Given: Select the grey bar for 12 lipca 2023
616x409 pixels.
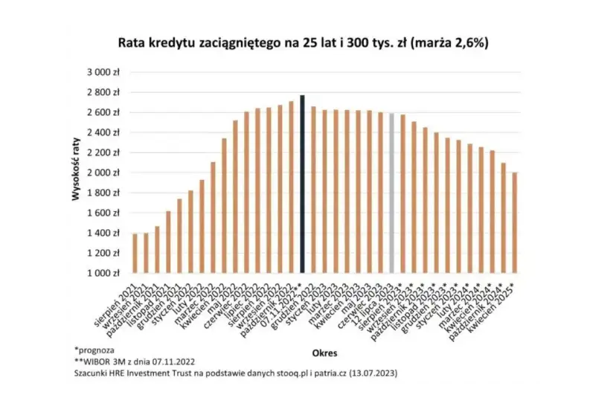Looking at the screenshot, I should pos(391,193).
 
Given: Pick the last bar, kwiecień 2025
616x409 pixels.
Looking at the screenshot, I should pos(514,222).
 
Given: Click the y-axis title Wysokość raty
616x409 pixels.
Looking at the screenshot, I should pos(76,173).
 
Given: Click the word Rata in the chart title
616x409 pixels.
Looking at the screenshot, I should pos(133,44).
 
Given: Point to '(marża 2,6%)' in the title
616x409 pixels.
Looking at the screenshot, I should pos(454,44).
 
